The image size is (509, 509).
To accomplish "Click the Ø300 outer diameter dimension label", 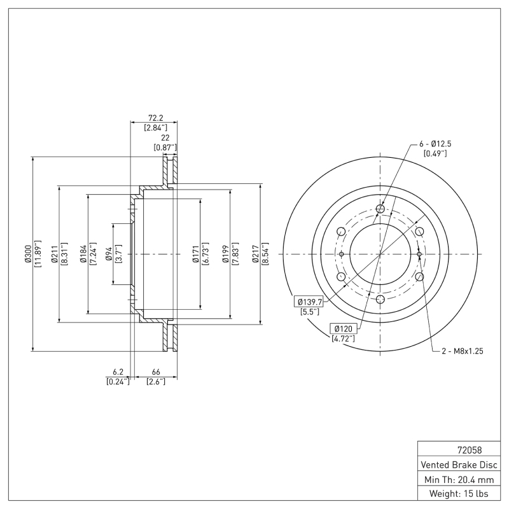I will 27,254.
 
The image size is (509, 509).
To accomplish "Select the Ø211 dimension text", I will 55,254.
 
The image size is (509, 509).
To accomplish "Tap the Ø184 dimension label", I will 83,254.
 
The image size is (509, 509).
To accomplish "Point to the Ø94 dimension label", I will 109,254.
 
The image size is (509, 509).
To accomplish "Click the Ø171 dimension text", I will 197,254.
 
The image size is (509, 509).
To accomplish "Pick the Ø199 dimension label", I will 226,254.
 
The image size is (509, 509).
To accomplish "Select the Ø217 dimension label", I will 255,254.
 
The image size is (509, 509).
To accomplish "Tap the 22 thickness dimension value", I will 165,137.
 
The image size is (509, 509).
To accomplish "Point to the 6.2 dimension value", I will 117,372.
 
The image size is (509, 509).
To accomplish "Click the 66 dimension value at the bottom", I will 156,372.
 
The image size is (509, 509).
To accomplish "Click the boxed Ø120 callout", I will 344,328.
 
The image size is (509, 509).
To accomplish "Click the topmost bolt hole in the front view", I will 380,209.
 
